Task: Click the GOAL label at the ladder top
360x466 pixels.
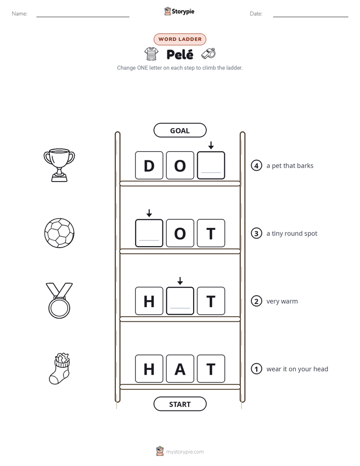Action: [x=179, y=131]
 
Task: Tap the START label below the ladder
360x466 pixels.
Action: [x=179, y=404]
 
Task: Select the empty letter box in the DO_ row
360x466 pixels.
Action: [x=211, y=165]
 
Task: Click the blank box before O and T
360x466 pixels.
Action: [x=149, y=234]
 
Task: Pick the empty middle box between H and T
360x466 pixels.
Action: [x=180, y=301]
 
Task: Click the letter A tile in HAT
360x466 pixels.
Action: [x=180, y=369]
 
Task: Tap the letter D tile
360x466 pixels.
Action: [x=149, y=165]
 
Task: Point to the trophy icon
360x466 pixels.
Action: [x=59, y=165]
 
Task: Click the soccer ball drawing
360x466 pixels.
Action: [x=59, y=234]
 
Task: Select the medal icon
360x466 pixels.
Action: [x=59, y=301]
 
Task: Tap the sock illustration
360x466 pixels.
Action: [x=59, y=369]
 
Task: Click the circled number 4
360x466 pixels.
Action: [x=256, y=165]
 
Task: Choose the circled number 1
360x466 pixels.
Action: [x=256, y=369]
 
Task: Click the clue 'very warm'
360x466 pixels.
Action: [x=282, y=301]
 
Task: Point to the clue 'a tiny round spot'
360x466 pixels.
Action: [x=292, y=234]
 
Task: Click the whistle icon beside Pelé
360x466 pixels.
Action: [x=208, y=53]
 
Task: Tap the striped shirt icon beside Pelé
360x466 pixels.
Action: [x=151, y=54]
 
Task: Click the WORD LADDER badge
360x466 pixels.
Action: [x=179, y=39]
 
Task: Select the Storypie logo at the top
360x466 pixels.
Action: [x=179, y=11]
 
